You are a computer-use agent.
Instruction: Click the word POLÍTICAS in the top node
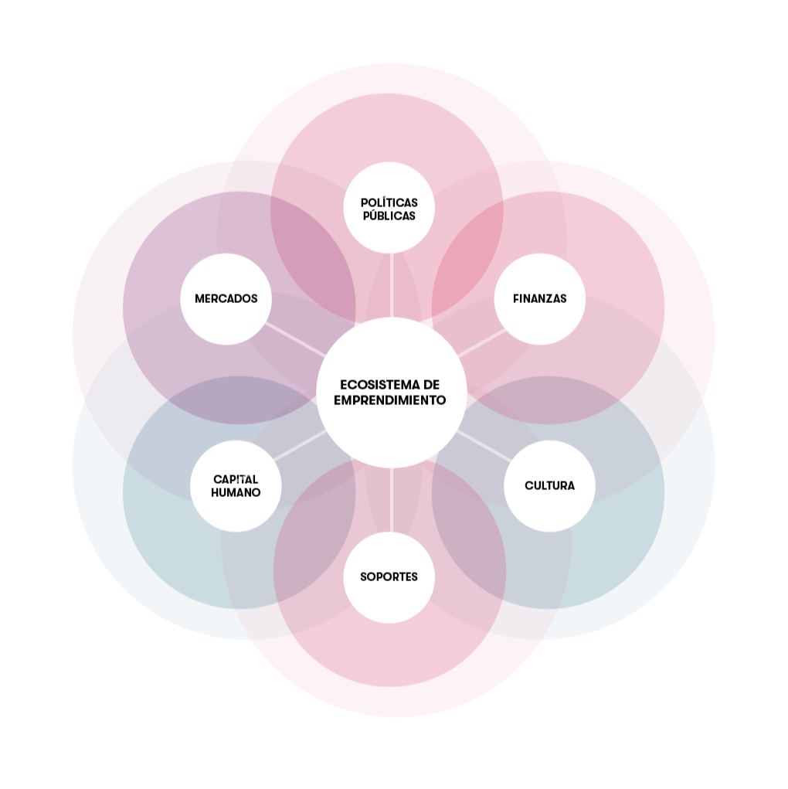point(389,202)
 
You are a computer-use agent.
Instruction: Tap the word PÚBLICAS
point(389,216)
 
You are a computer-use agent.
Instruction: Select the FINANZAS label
point(539,298)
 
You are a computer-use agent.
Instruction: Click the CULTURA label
point(549,486)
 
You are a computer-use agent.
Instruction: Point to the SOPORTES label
point(389,576)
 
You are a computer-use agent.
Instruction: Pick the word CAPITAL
point(236,479)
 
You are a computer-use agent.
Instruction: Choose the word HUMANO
point(236,492)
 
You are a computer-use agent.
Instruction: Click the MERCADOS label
point(226,298)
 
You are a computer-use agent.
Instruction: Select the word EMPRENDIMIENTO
point(392,400)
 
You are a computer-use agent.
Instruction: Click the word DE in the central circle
point(432,385)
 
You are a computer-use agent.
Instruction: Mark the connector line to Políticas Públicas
point(392,286)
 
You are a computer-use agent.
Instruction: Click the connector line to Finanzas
point(481,343)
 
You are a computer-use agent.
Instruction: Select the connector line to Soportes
point(392,500)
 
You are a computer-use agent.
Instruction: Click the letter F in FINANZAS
point(516,298)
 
